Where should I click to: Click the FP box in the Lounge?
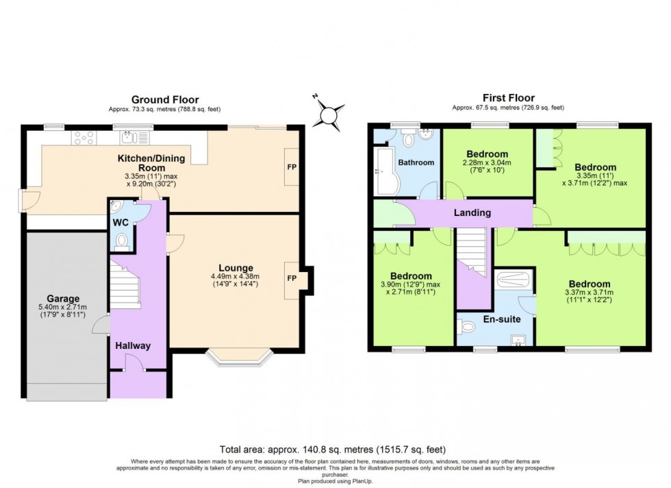tap(292, 278)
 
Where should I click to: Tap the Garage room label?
tap(64, 299)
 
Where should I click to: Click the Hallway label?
tap(133, 346)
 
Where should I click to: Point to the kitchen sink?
tap(129, 138)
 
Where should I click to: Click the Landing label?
tap(472, 212)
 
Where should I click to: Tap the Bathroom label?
tap(416, 162)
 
